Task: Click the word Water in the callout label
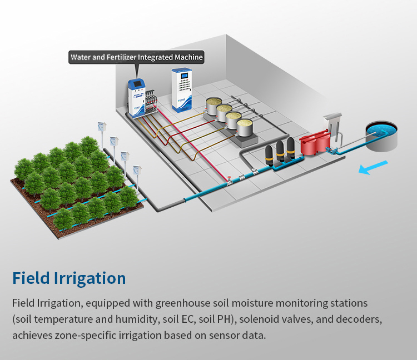click(x=83, y=57)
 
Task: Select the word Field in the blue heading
click(x=27, y=278)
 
